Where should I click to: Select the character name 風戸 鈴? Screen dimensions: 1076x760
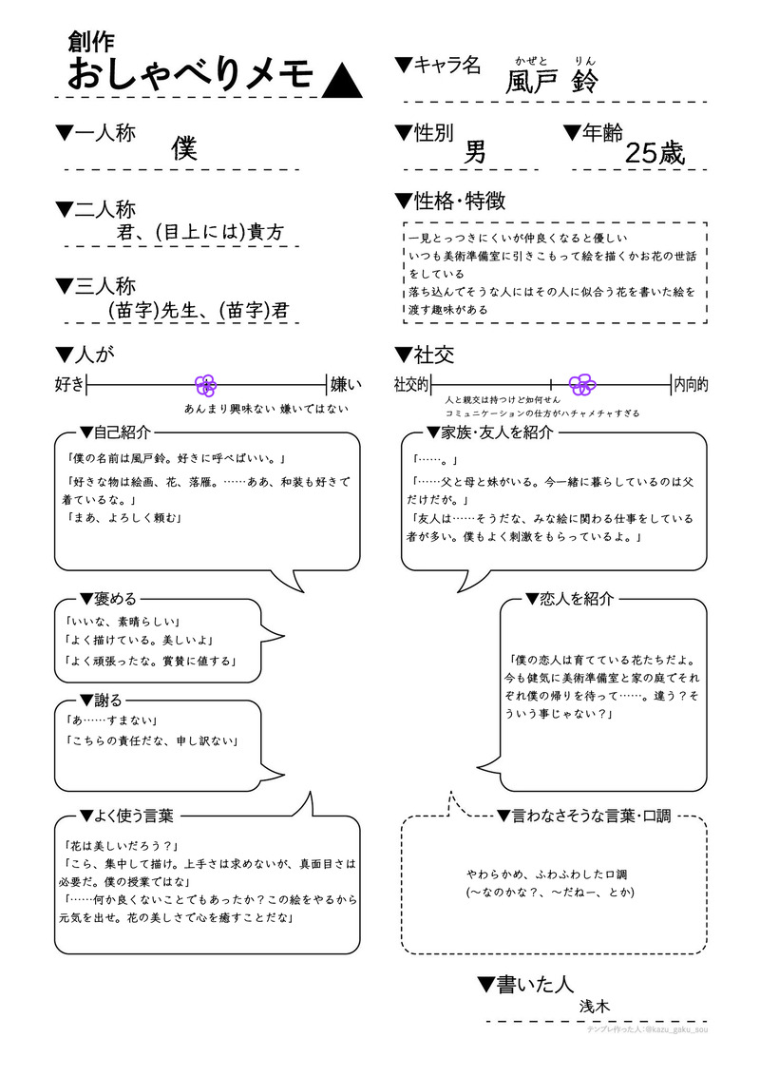click(x=551, y=81)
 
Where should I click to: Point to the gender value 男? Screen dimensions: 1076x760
click(x=475, y=152)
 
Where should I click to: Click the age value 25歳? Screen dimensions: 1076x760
click(x=655, y=154)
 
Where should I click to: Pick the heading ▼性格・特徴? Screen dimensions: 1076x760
click(x=449, y=201)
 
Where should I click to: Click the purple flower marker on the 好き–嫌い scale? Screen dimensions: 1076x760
click(x=206, y=385)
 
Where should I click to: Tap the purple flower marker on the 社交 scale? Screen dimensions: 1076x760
click(x=581, y=384)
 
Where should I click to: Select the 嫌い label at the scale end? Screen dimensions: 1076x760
click(x=346, y=385)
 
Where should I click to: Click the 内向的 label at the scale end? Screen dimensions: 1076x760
click(x=691, y=385)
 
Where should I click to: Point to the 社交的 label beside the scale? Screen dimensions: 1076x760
click(x=411, y=385)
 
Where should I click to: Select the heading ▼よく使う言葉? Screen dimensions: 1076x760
click(x=126, y=816)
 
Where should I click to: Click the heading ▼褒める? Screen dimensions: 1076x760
click(x=108, y=599)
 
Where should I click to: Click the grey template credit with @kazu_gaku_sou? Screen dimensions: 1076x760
click(x=647, y=1028)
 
